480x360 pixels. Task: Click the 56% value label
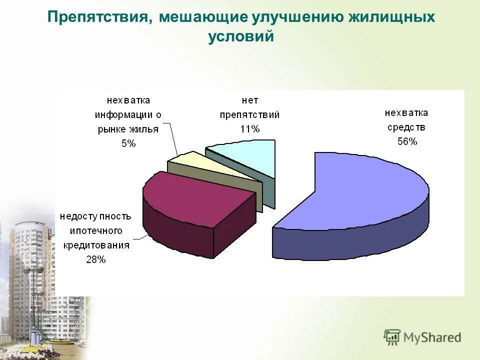pos(407,141)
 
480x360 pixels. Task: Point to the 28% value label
pos(95,259)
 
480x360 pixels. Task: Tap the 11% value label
pos(249,129)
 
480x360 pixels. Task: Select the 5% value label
pos(128,143)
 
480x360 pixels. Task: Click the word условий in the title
pos(241,37)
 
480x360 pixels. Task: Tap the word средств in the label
pos(406,127)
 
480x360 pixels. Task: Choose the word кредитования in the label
pos(96,245)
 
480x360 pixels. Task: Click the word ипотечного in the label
pos(96,230)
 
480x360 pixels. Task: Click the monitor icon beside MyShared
pos(392,337)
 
